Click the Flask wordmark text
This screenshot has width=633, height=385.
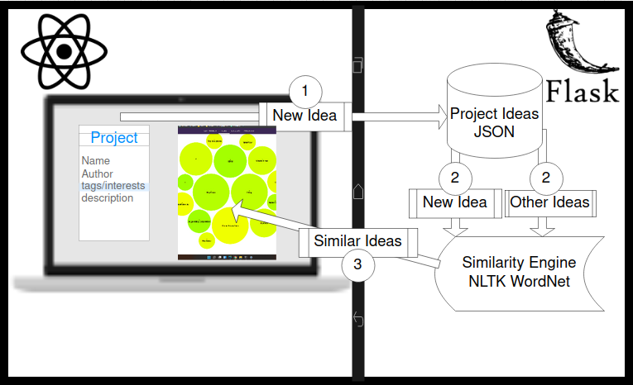point(583,88)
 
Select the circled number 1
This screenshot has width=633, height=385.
point(305,88)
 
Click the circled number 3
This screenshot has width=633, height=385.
point(357,264)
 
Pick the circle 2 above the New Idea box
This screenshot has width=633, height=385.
point(454,176)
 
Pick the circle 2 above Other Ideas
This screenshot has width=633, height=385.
point(545,176)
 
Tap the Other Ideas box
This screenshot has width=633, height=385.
point(550,202)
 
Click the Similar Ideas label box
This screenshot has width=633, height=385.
point(357,241)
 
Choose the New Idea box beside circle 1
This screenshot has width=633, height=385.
point(305,116)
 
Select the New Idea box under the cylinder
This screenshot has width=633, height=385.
point(455,202)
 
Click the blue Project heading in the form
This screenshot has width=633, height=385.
point(114,138)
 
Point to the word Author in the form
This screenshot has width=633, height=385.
point(98,174)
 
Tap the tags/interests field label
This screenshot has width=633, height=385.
point(113,186)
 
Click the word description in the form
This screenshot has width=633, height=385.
point(108,198)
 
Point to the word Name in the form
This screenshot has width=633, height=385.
point(96,161)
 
